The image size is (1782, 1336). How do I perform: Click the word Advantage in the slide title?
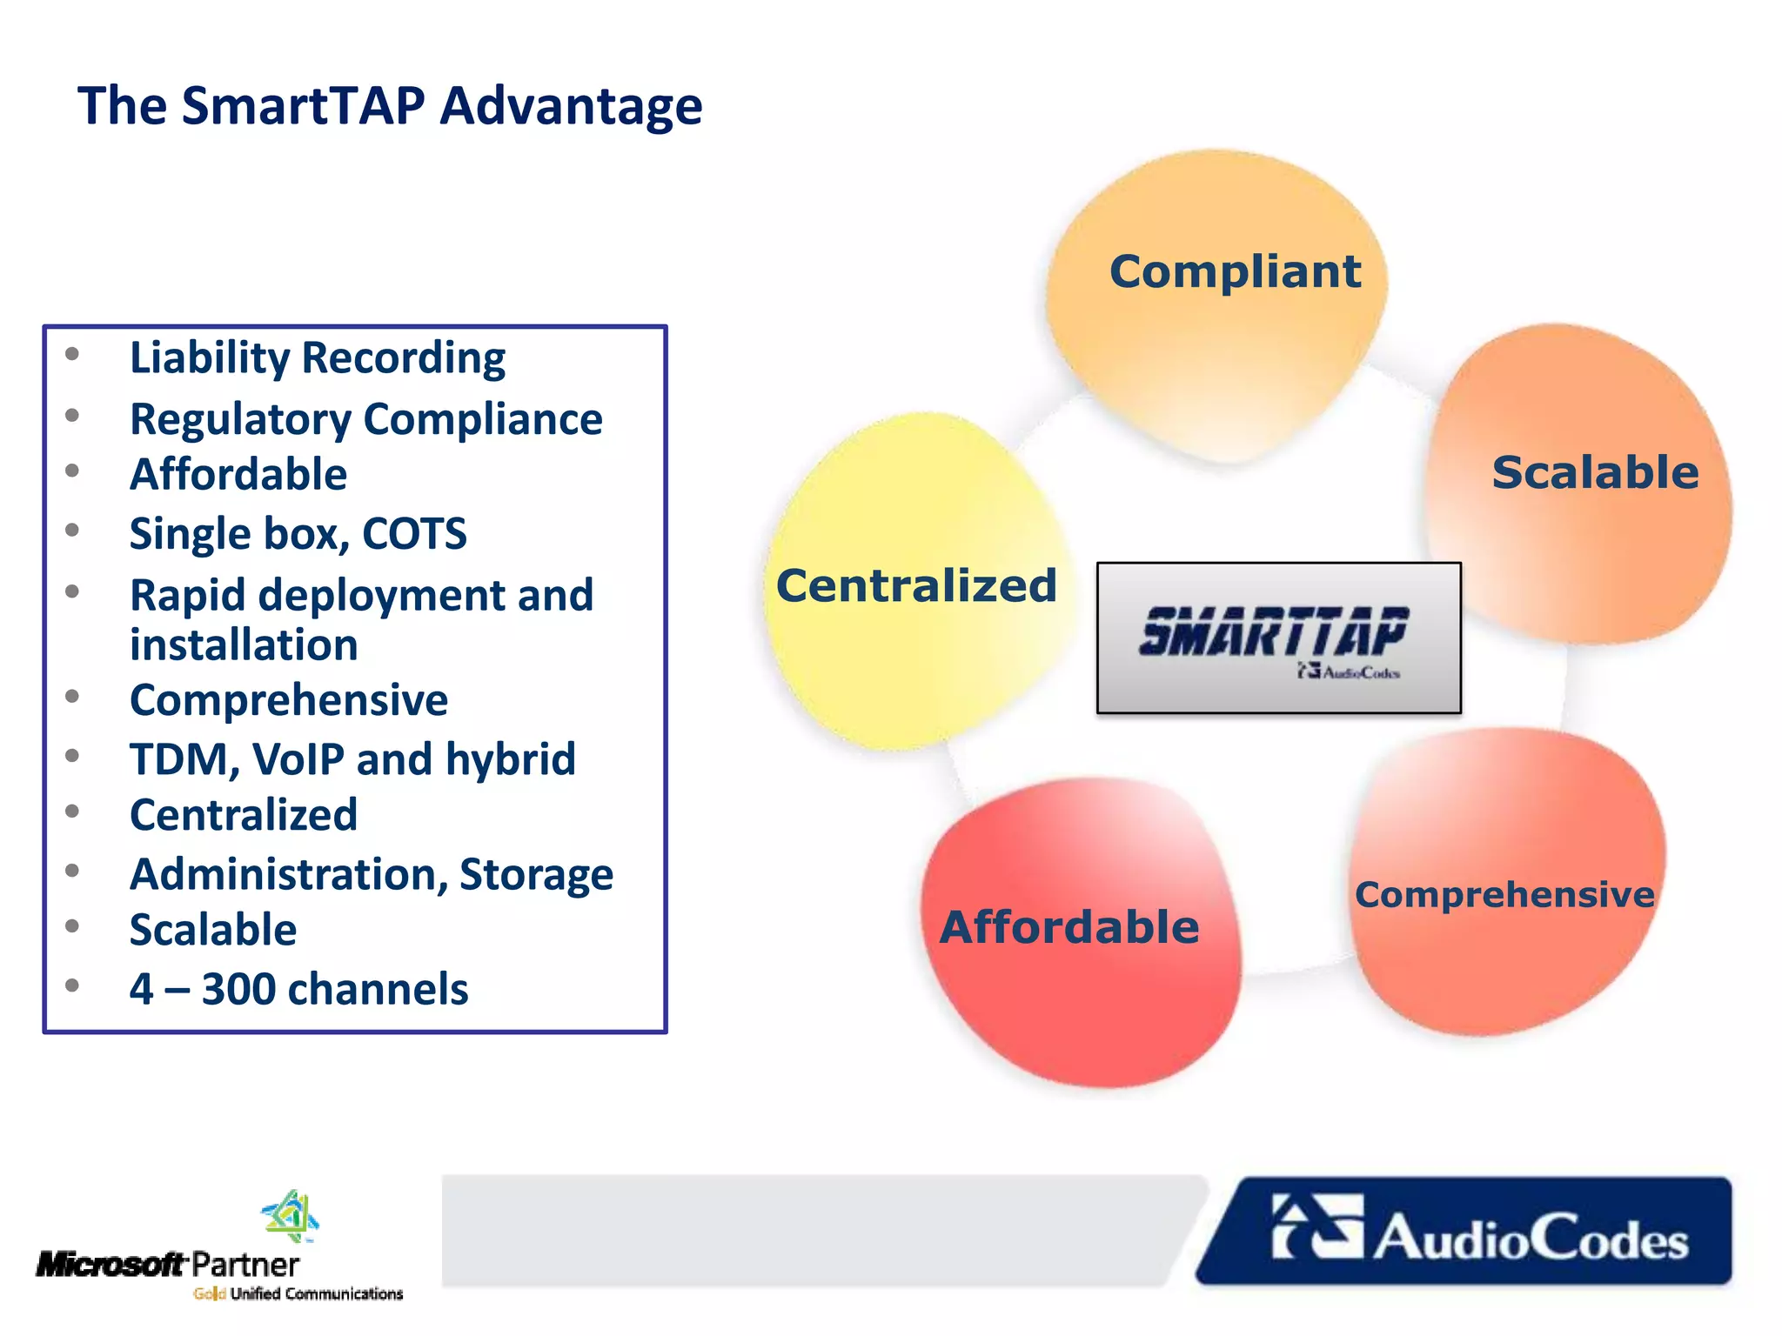(x=571, y=106)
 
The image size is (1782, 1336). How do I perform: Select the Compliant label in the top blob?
(x=1235, y=271)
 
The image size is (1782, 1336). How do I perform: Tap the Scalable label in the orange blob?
(x=1595, y=472)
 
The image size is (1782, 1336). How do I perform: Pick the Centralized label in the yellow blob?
(x=916, y=584)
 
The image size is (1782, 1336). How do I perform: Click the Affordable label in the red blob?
(x=1069, y=926)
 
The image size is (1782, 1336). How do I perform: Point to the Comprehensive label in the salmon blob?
(x=1504, y=894)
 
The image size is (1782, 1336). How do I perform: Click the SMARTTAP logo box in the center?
(x=1278, y=638)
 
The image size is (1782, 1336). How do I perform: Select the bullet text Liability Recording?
(x=318, y=357)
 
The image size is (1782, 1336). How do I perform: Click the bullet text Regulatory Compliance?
(x=365, y=419)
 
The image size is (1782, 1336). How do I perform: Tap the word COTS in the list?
(x=414, y=533)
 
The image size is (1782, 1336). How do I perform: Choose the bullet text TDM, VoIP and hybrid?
(x=352, y=758)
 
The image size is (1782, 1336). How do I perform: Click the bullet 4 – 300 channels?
(x=298, y=989)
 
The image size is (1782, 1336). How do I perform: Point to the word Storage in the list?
(x=536, y=874)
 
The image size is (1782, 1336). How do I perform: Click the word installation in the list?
(x=244, y=645)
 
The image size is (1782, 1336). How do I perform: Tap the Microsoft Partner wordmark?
(x=167, y=1264)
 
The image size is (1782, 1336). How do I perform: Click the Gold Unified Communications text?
(x=298, y=1293)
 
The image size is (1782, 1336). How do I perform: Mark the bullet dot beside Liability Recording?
(x=72, y=353)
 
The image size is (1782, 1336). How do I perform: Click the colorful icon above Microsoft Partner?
(x=291, y=1216)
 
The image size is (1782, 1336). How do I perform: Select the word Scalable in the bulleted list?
(x=213, y=930)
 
